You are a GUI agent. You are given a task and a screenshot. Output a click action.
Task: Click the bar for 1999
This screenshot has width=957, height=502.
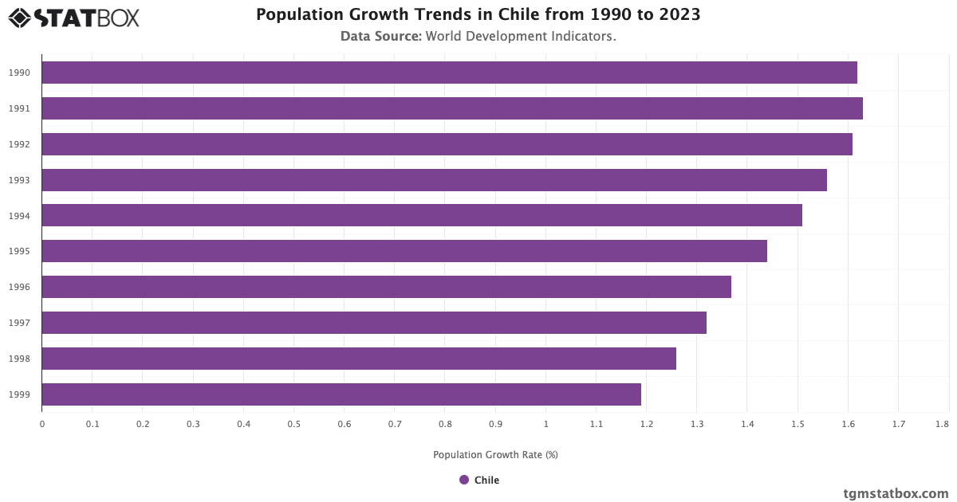pyautogui.click(x=341, y=394)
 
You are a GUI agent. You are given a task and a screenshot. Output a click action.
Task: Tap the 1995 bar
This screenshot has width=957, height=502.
pyautogui.click(x=404, y=251)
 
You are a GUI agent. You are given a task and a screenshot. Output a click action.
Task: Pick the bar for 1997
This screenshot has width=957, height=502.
pyautogui.click(x=373, y=323)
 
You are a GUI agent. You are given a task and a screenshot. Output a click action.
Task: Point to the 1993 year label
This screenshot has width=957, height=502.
pyautogui.click(x=20, y=180)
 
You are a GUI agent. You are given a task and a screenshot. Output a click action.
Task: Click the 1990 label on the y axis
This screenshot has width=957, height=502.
pyautogui.click(x=20, y=73)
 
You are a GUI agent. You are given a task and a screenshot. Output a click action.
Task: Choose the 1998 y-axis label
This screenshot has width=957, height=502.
pyautogui.click(x=20, y=359)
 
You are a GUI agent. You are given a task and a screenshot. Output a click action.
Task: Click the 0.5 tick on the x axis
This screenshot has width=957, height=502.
pyautogui.click(x=293, y=425)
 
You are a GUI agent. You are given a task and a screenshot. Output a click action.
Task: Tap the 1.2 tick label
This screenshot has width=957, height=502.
pyautogui.click(x=646, y=425)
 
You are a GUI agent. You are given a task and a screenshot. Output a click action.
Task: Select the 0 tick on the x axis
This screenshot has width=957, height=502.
pyautogui.click(x=42, y=425)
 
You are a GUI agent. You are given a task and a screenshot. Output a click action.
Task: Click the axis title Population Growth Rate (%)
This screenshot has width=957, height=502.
pyautogui.click(x=495, y=455)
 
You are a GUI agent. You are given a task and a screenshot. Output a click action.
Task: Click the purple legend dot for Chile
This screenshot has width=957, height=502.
pyautogui.click(x=464, y=480)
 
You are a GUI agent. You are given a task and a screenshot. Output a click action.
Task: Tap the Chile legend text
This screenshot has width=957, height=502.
pyautogui.click(x=486, y=480)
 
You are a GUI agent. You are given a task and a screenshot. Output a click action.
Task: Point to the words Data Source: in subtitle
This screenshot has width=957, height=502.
pyautogui.click(x=381, y=36)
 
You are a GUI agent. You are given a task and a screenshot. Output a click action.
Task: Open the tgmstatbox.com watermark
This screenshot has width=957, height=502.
pyautogui.click(x=896, y=493)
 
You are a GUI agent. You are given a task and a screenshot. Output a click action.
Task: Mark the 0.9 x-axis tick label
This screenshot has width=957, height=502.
pyautogui.click(x=495, y=425)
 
